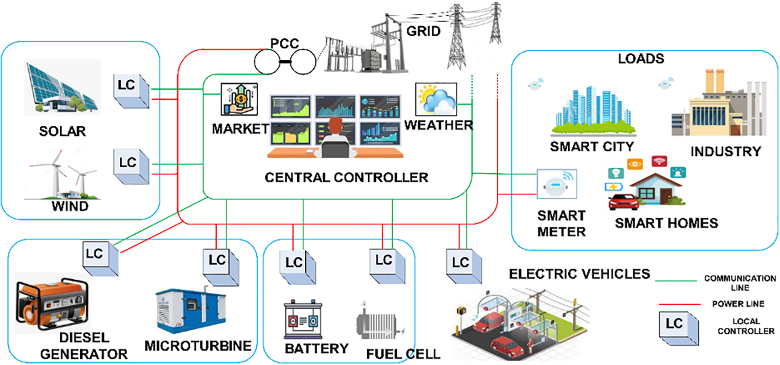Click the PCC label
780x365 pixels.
tap(284, 43)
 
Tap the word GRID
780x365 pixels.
tap(423, 31)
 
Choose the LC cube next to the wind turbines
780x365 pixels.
tap(131, 166)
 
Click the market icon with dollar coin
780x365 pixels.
tap(239, 99)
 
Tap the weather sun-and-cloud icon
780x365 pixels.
tap(436, 99)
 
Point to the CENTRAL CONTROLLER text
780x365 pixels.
tap(346, 177)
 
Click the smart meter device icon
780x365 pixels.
tap(557, 184)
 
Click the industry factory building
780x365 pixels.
tap(718, 105)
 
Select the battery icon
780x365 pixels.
tap(303, 320)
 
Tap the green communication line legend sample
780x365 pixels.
tap(676, 281)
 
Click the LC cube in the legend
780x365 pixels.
tap(678, 328)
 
